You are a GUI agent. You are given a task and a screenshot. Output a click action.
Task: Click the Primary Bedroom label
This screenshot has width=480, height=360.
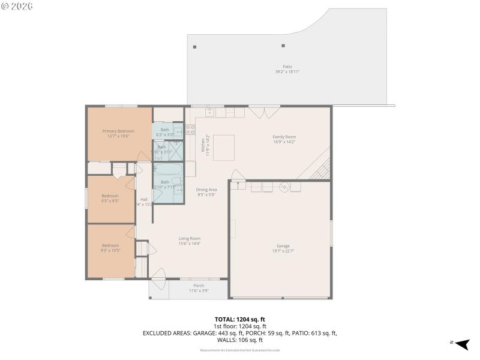click(118, 131)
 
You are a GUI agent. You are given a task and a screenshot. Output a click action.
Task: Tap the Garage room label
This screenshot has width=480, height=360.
click(283, 246)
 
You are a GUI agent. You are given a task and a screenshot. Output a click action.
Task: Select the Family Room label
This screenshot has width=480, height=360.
click(284, 137)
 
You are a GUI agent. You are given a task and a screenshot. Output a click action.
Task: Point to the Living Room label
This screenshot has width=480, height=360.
click(190, 238)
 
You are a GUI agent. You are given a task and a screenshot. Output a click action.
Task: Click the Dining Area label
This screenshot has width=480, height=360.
click(206, 190)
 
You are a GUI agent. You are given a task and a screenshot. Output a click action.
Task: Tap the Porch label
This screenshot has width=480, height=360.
click(199, 286)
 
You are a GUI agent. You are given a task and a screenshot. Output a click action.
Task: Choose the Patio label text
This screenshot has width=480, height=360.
click(287, 67)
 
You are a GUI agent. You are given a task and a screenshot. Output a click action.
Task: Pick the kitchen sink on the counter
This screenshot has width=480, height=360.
click(211, 112)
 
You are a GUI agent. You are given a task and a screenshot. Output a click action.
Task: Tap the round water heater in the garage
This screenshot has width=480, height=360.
click(286, 186)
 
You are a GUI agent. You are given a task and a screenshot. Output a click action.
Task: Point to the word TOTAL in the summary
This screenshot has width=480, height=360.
click(224, 319)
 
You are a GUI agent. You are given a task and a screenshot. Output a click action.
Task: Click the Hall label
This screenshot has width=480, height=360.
click(144, 199)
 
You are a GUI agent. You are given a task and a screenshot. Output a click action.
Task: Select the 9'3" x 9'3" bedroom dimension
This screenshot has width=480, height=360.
click(110, 201)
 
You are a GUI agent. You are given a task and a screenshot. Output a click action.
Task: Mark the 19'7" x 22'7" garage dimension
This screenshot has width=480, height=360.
click(283, 251)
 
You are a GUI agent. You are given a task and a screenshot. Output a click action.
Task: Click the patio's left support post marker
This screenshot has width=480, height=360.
click(194, 46)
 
